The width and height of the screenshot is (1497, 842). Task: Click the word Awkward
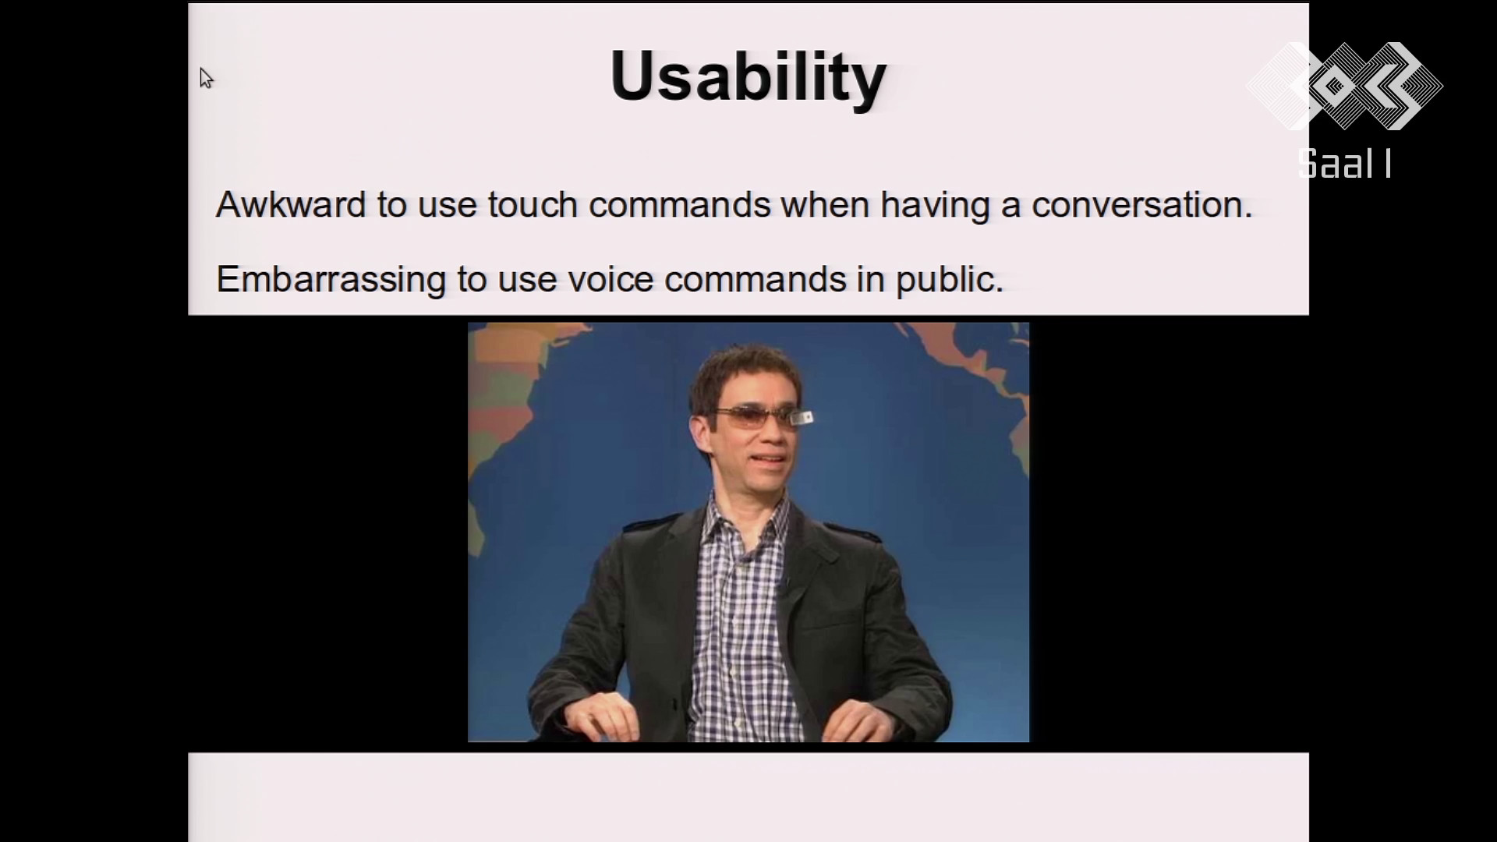click(x=291, y=204)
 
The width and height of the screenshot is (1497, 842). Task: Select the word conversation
click(x=1141, y=204)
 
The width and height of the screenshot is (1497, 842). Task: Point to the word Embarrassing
click(x=331, y=279)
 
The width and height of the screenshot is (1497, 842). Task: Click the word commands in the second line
click(x=755, y=279)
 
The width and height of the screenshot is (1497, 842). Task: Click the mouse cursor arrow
click(x=205, y=78)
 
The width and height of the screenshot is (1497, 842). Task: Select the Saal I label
click(x=1345, y=164)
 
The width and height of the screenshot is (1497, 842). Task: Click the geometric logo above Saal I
click(x=1345, y=86)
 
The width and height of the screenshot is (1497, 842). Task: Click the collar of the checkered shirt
click(x=745, y=530)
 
